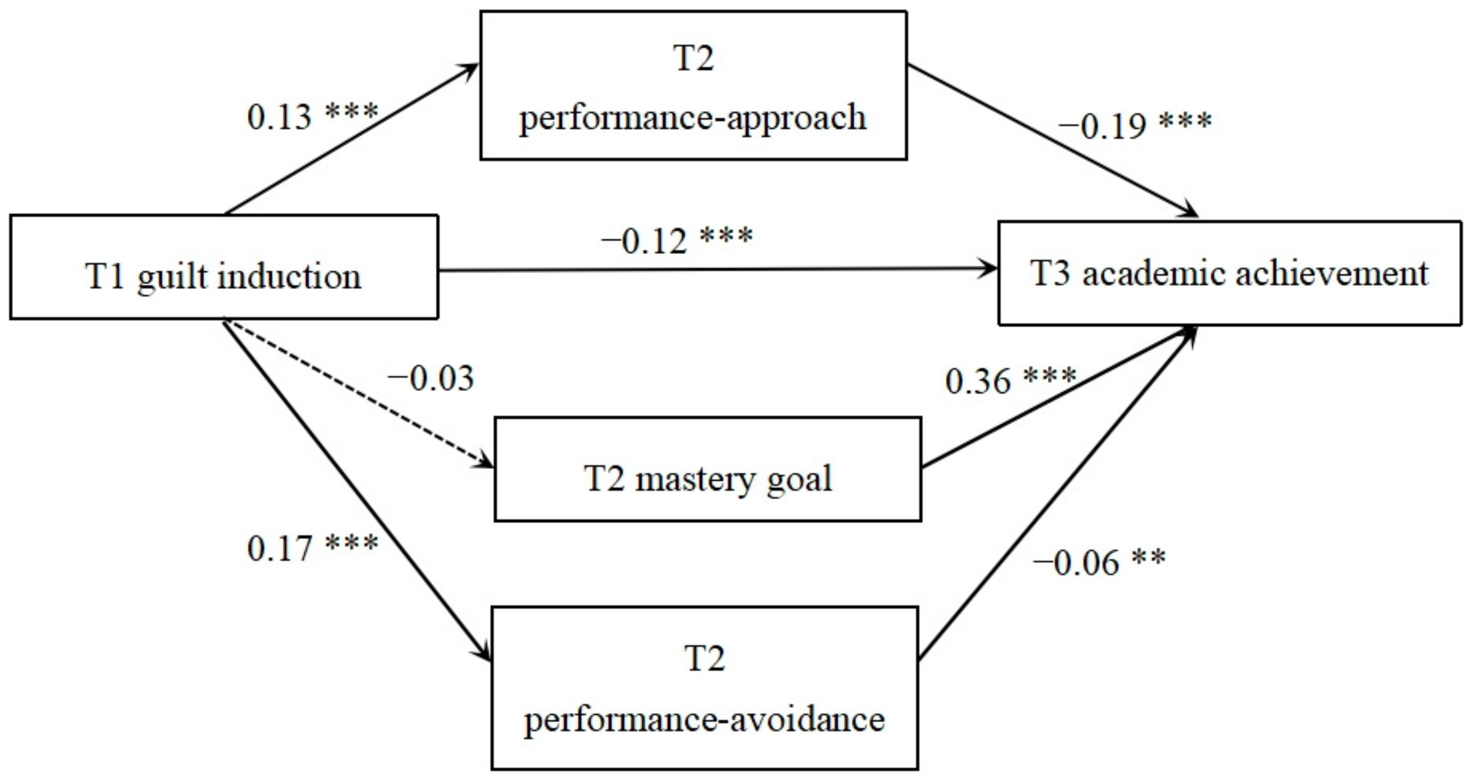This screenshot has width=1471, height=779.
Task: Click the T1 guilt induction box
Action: click(224, 267)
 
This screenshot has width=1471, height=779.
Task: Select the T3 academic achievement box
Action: click(1229, 273)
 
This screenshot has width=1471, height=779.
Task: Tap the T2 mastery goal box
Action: click(708, 469)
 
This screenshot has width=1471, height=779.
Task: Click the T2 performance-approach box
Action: click(693, 86)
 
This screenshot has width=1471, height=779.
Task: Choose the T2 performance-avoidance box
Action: click(704, 688)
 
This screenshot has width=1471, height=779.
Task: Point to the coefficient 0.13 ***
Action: click(312, 116)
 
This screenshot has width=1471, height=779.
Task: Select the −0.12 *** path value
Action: click(676, 240)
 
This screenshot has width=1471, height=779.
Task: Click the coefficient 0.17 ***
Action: click(312, 547)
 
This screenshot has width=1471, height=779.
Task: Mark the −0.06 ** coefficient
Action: click(1099, 562)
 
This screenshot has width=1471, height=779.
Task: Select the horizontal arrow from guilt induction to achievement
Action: click(714, 270)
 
